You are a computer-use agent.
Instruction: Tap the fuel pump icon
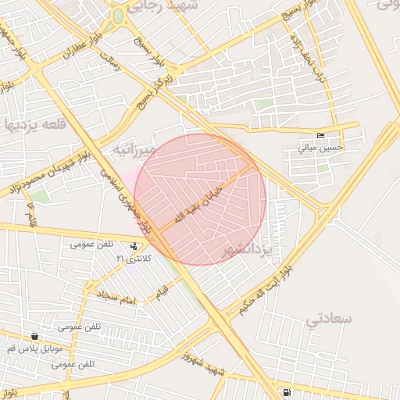[x=287, y=392]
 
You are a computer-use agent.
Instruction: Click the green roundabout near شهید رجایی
[x=118, y=16]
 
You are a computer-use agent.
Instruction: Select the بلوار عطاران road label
[x=77, y=49]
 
